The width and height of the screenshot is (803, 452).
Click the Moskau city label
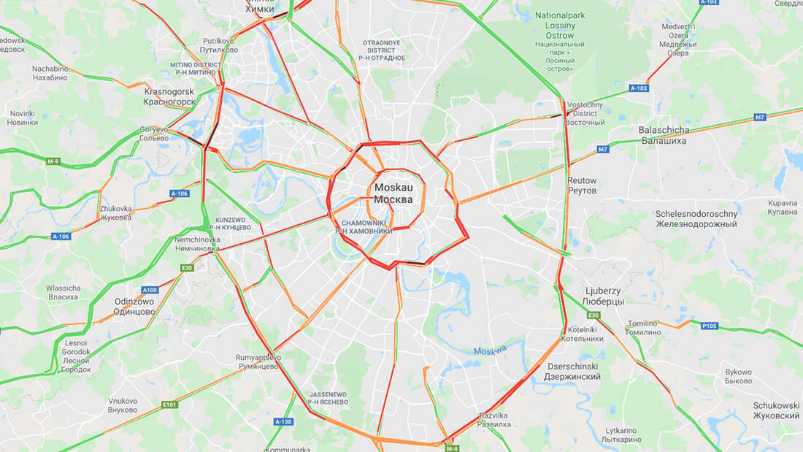click(x=393, y=194)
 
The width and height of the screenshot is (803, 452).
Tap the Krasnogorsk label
click(x=169, y=96)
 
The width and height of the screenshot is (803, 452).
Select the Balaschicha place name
click(x=664, y=135)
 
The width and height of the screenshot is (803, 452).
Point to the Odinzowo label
click(x=134, y=306)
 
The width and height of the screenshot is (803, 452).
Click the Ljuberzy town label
click(x=603, y=296)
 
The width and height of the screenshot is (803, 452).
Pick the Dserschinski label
click(x=572, y=372)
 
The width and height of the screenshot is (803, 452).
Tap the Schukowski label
click(x=776, y=410)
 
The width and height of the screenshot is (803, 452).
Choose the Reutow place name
click(x=582, y=185)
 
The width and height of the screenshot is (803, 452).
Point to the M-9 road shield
click(x=53, y=161)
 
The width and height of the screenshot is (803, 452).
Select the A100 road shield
click(x=150, y=290)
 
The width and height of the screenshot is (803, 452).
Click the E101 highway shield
click(x=169, y=405)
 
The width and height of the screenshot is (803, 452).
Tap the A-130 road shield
click(x=283, y=421)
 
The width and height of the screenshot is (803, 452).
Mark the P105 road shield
click(x=710, y=326)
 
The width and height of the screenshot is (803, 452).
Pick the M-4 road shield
click(x=452, y=448)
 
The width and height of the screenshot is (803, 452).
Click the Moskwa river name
click(x=489, y=351)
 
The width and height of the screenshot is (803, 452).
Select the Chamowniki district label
click(x=364, y=226)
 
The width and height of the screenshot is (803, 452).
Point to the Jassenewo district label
click(x=327, y=398)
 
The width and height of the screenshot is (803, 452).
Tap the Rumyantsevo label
click(x=258, y=361)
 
